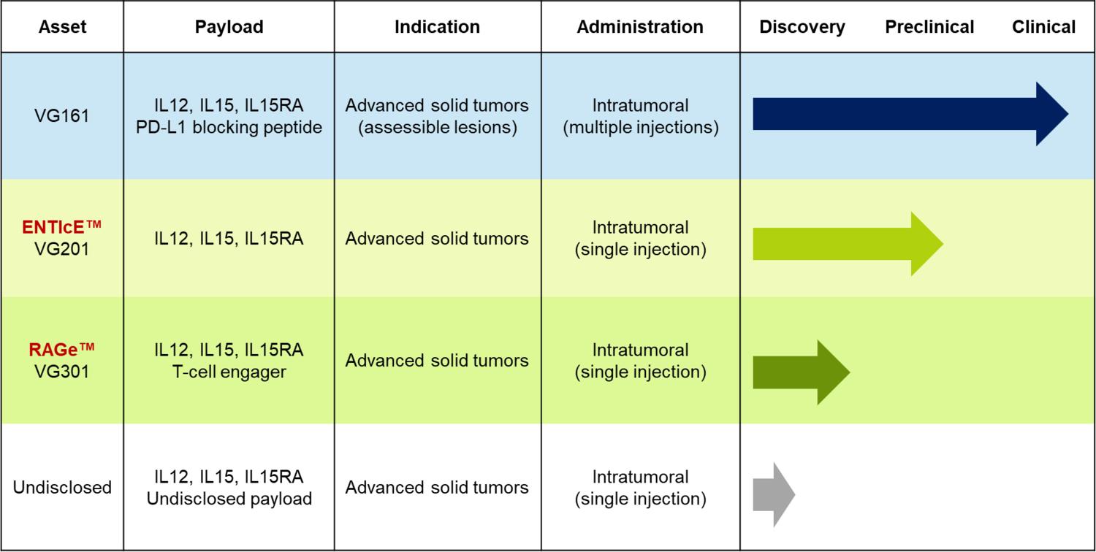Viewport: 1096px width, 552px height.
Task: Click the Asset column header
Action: tap(62, 27)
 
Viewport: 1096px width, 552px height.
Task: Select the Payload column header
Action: tap(229, 27)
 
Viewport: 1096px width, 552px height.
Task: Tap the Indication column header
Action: tap(438, 27)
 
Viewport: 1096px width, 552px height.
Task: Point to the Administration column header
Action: tap(640, 27)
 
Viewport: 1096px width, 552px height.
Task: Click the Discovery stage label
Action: tap(802, 27)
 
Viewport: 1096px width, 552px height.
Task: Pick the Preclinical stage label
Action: tap(929, 27)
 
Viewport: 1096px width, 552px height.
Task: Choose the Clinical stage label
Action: tap(1043, 27)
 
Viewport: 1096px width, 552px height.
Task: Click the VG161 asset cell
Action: tap(62, 116)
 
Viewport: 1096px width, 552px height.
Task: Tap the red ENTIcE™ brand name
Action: tap(61, 227)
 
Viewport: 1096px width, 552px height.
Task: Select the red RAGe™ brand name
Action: tap(61, 350)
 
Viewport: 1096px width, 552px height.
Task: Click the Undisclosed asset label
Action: tap(62, 488)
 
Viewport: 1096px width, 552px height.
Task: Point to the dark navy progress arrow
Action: tap(910, 114)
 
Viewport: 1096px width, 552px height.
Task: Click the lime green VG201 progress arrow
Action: tap(848, 243)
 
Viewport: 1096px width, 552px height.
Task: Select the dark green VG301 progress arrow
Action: tap(802, 372)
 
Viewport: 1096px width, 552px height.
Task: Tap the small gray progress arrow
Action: tap(774, 495)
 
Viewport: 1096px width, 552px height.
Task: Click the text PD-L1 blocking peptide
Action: tap(229, 127)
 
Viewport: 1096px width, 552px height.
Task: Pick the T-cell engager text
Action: tap(229, 372)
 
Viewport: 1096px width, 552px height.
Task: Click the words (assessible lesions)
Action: tap(438, 127)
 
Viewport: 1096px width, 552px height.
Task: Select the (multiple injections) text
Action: tap(641, 127)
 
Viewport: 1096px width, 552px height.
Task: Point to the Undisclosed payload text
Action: tap(229, 499)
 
